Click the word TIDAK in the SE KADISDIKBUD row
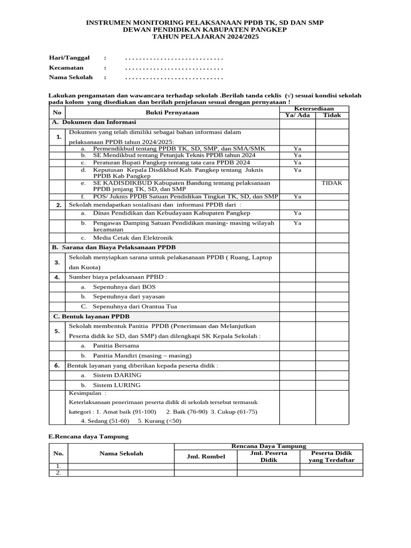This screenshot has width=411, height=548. pos(332,183)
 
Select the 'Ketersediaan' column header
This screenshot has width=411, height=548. pos(314,108)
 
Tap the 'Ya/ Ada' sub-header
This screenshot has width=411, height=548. pos(297,115)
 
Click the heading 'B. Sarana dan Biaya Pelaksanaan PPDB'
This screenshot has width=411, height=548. pos(113,247)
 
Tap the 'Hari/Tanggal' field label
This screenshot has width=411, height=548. pos(69,57)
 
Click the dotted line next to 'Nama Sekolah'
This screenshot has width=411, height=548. pos(173,78)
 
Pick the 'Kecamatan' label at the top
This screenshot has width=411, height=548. pos(66,68)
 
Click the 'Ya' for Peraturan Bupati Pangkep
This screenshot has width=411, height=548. pos(297,162)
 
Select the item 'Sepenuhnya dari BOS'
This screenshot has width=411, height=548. pos(124,287)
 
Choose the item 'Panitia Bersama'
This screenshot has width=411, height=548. pos(116,346)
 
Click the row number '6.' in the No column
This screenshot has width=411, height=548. pos(57,365)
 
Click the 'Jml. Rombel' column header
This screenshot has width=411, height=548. pos(205,456)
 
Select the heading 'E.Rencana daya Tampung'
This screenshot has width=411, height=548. pos(88,437)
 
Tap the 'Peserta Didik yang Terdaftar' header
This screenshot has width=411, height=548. pos(331,456)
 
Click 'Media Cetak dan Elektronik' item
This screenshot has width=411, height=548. pos(133,238)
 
